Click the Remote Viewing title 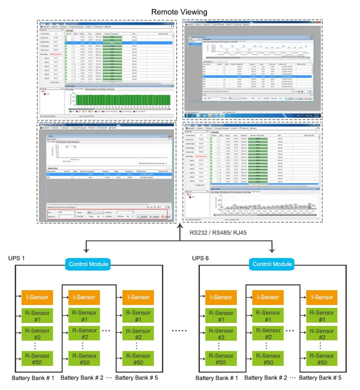(179, 12)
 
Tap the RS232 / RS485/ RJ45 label (218, 232)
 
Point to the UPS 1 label (17, 259)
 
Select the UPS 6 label (201, 259)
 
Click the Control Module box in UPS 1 (88, 264)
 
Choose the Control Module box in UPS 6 (272, 264)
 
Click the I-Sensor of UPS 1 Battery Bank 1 (35, 297)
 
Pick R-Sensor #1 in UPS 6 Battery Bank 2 (269, 316)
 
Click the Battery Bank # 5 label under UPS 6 (320, 378)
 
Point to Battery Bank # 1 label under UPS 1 (33, 378)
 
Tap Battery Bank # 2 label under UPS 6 (266, 378)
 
